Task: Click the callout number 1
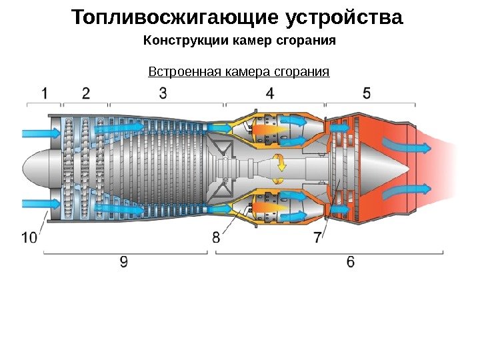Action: coord(44,93)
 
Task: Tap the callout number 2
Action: coord(85,93)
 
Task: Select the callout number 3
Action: coord(163,93)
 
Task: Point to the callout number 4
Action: coord(269,93)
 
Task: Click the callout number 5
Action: coord(367,93)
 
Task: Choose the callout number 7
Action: coord(317,237)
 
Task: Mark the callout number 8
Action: coord(217,237)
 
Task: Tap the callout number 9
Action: coord(124,262)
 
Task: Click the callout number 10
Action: coord(29,237)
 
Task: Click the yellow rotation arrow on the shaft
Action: coord(282,163)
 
